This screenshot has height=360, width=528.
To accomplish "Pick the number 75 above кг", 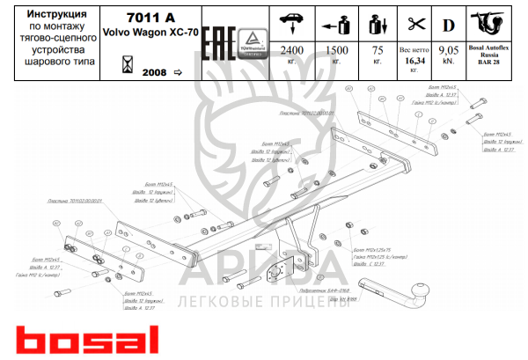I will coord(378,50).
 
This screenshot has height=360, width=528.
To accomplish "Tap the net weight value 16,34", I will coord(415,62).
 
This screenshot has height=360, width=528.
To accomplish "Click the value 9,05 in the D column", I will coord(451,50).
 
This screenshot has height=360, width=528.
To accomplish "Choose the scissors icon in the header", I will coord(415,21).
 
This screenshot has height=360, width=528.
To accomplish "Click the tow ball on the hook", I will coord(425,290).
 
